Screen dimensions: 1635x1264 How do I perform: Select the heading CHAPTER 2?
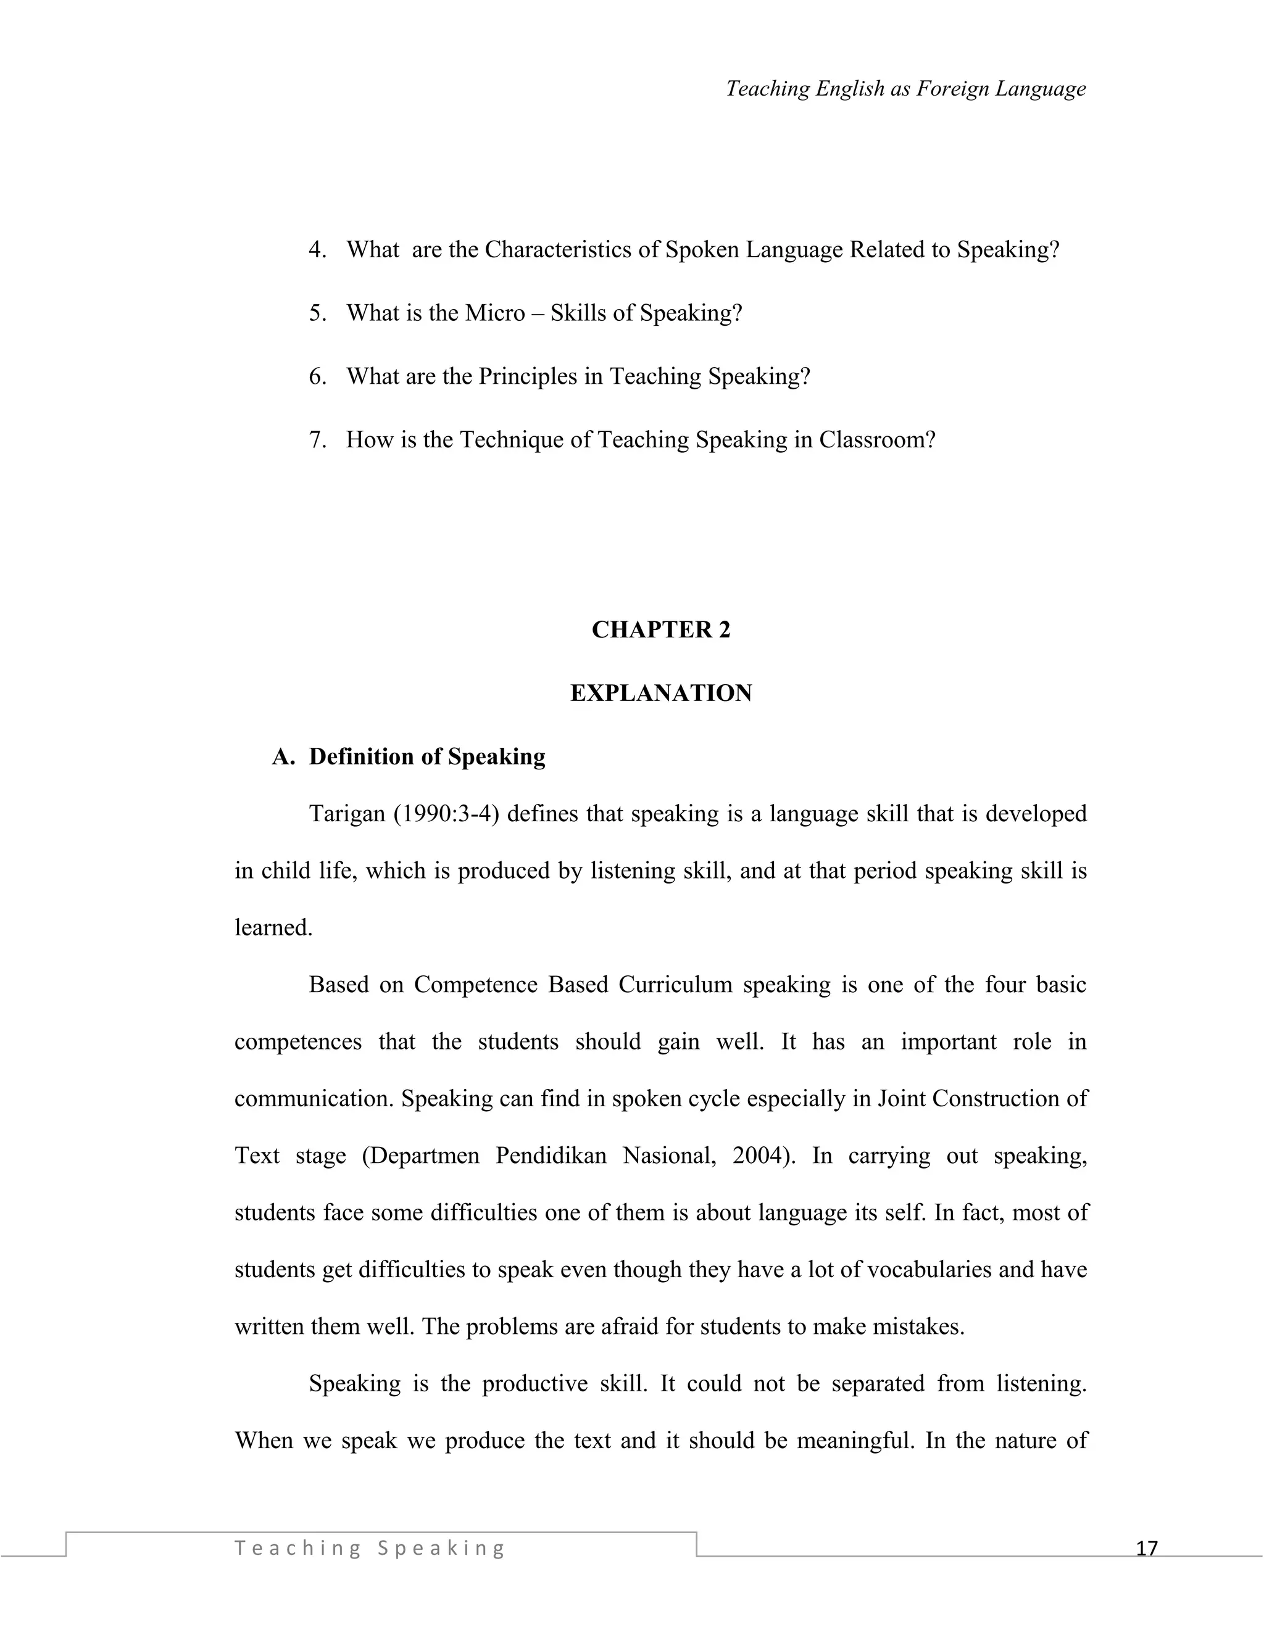click(x=660, y=629)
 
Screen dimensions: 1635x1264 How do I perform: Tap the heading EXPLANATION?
click(x=660, y=693)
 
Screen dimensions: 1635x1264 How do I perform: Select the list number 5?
click(x=317, y=313)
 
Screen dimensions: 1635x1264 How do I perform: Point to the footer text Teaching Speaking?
click(x=370, y=1547)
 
